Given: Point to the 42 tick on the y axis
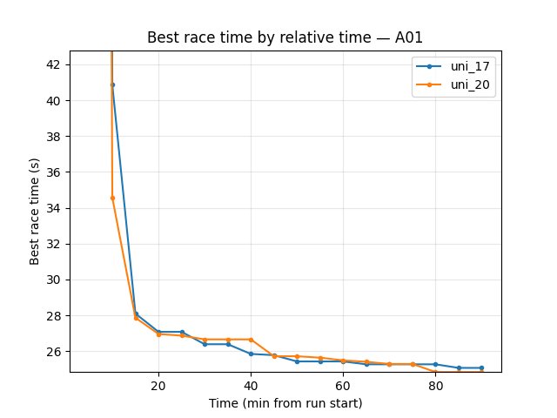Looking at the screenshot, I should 54,65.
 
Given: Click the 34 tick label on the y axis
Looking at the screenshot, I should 54,208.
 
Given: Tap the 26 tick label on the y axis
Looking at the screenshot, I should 54,352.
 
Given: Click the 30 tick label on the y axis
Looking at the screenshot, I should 54,280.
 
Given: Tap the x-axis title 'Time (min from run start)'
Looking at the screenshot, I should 285,403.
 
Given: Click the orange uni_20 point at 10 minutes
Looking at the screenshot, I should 112,198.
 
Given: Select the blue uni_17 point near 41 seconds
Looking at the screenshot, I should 112,84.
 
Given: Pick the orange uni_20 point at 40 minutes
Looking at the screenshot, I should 251,340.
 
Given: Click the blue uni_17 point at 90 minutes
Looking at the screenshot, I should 481,367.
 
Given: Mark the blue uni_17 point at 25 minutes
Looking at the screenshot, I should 182,332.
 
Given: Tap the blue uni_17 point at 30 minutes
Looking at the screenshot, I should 205,344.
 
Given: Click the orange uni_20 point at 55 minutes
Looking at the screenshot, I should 320,358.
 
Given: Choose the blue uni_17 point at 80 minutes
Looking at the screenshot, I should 435,364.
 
